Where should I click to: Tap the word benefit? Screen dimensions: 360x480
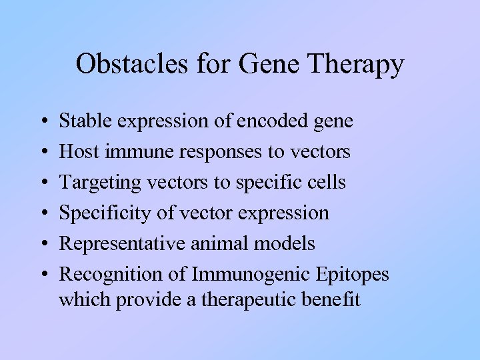(331, 299)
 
